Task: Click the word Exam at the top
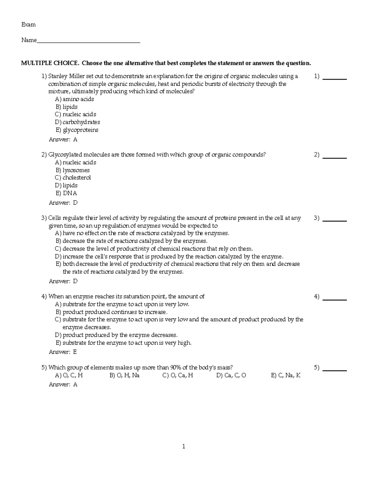click(x=28, y=25)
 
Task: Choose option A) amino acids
click(x=74, y=99)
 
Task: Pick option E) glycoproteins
click(x=77, y=130)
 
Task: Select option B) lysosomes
click(x=73, y=170)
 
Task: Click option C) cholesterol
click(x=73, y=178)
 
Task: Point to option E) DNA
click(x=66, y=193)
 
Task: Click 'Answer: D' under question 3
click(x=63, y=281)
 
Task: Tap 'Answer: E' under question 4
click(x=63, y=352)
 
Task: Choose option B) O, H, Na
click(x=124, y=375)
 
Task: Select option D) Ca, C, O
click(x=231, y=375)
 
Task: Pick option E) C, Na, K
click(x=286, y=375)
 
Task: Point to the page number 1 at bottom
click(x=184, y=447)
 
